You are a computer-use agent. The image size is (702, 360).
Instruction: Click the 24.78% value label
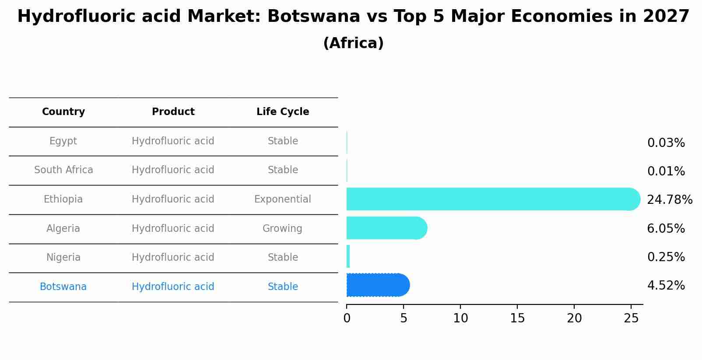tap(669, 200)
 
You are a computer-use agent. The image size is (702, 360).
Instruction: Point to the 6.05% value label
tap(666, 228)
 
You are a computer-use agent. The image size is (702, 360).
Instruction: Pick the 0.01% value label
tap(666, 171)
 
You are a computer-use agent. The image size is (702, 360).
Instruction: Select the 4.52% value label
tap(666, 286)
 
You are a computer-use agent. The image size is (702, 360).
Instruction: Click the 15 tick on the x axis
tap(517, 318)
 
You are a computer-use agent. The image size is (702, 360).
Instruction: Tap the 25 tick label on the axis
tap(631, 318)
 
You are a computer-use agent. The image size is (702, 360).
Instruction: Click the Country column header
tap(63, 112)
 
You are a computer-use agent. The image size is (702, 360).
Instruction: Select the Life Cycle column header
tap(283, 112)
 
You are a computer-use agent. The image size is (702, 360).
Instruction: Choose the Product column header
tap(173, 112)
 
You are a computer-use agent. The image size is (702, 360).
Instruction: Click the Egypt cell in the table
tap(63, 141)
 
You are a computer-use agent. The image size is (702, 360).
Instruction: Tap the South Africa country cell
tap(63, 170)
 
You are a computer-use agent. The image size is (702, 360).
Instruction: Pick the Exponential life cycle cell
tap(282, 199)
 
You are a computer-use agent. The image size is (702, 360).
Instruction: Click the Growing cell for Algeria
tap(282, 229)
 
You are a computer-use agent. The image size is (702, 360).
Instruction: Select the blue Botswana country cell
tap(63, 287)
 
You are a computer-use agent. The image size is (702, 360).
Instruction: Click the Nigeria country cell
tap(63, 258)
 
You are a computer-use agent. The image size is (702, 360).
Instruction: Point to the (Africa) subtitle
tap(353, 43)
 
